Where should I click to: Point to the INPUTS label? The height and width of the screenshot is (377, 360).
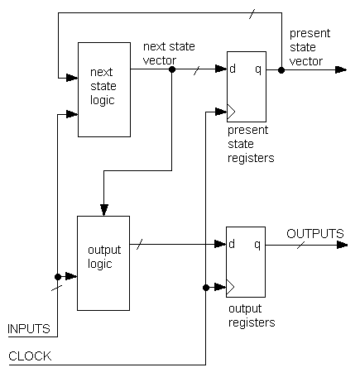[29, 329]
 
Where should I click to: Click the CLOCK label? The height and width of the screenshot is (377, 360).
[30, 356]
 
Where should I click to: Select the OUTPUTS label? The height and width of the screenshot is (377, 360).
[315, 234]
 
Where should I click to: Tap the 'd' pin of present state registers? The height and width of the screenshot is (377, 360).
[233, 69]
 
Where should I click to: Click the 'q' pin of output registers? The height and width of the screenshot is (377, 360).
[257, 245]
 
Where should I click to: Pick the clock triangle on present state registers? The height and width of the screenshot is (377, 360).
[231, 112]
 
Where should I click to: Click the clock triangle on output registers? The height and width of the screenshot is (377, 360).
[230, 287]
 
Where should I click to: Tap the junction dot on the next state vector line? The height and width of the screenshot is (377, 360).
[172, 69]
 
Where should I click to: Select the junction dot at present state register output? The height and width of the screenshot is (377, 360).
[281, 70]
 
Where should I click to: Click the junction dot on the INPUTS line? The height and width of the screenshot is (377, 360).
[58, 277]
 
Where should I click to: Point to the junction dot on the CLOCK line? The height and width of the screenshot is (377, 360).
[206, 288]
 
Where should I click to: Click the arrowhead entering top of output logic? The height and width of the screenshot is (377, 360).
[104, 210]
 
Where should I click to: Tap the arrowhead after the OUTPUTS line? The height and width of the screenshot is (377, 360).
[343, 245]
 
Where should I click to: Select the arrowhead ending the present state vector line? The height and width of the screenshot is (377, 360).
[341, 69]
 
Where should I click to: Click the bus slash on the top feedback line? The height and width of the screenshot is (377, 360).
[252, 13]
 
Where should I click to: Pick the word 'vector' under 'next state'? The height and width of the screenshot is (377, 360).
[160, 60]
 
